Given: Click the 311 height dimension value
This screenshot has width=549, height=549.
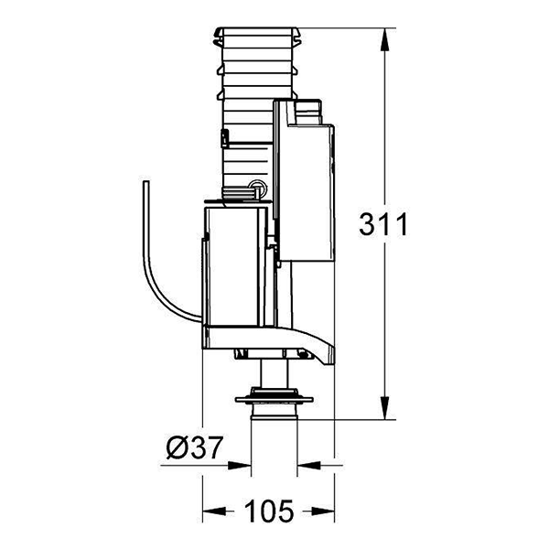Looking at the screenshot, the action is tap(383, 224).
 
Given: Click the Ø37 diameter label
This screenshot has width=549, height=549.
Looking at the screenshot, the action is tap(194, 447).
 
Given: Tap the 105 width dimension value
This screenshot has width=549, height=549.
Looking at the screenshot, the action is tap(269, 511).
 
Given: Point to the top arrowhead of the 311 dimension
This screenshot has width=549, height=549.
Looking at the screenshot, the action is tap(385, 39).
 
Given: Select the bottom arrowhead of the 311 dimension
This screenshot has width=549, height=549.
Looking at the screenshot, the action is tap(385, 407).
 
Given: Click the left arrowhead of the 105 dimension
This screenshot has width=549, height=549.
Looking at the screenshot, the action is tap(214, 511).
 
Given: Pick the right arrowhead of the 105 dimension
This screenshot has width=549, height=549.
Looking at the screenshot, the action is tap(323, 511).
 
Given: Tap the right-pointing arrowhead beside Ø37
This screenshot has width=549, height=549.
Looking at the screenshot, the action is tap(240, 466).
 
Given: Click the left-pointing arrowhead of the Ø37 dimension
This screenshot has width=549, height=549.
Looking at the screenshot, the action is tap(309, 466).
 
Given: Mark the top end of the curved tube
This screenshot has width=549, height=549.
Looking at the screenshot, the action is tap(146, 182).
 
